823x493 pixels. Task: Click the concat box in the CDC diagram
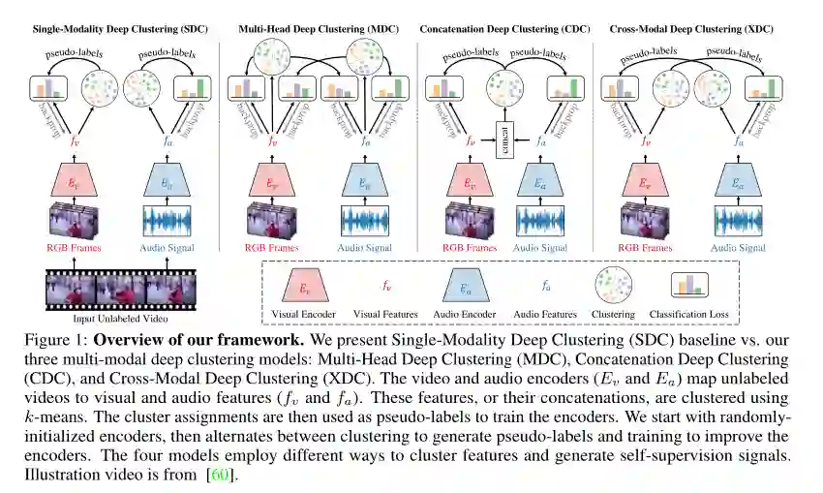pyautogui.click(x=504, y=140)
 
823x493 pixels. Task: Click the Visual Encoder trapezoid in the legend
pyautogui.click(x=305, y=288)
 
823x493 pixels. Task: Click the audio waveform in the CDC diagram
pyautogui.click(x=541, y=220)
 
